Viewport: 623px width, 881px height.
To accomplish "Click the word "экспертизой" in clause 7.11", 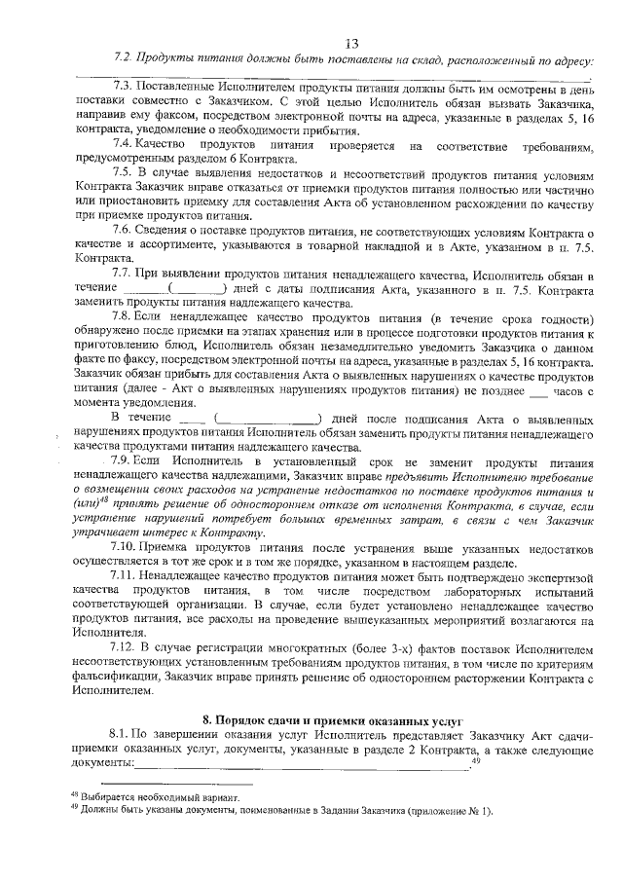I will point(554,580).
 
